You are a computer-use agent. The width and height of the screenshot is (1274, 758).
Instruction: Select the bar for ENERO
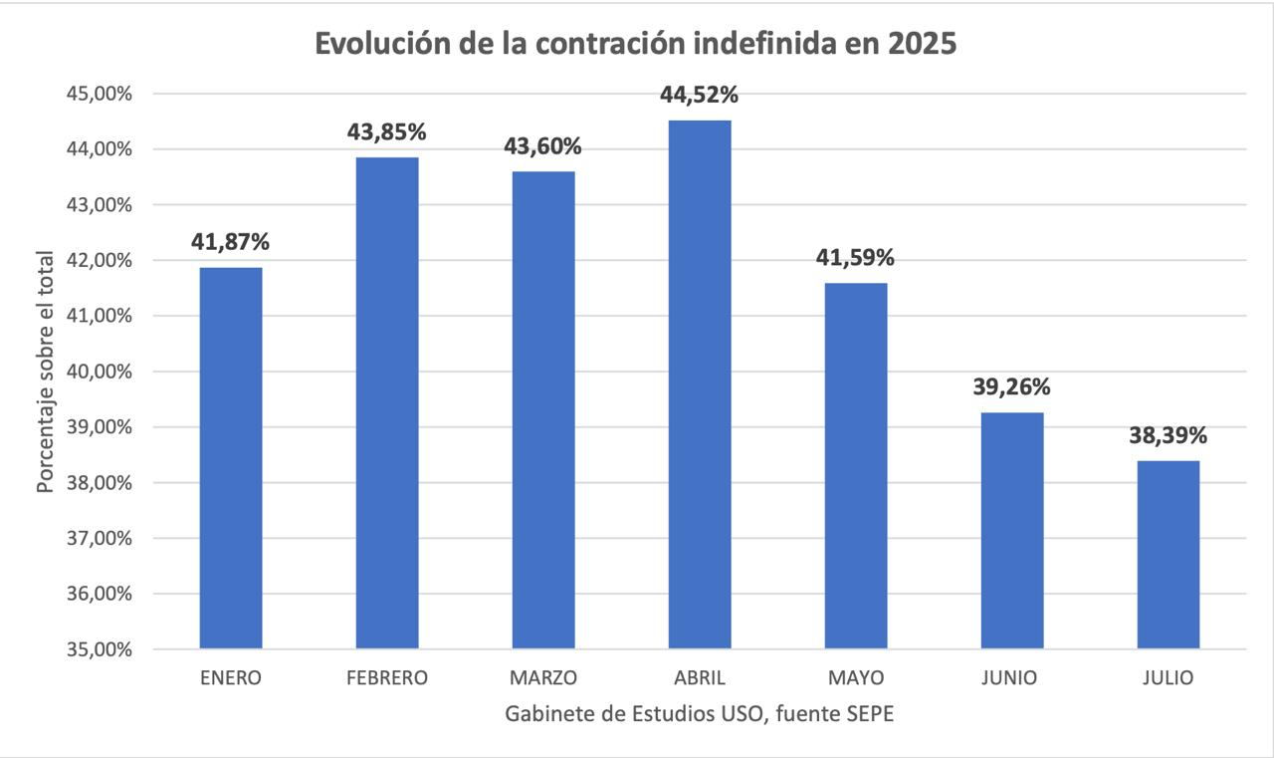tap(231, 458)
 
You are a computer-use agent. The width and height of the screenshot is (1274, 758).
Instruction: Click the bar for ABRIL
tap(700, 384)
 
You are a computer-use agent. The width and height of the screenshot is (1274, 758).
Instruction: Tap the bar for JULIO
tap(1168, 555)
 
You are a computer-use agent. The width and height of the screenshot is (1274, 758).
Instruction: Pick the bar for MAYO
tap(856, 466)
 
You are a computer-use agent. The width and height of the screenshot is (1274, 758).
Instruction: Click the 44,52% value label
tap(700, 96)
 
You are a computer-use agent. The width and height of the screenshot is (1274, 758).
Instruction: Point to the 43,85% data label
tap(387, 132)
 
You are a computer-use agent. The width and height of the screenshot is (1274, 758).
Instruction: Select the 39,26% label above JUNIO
tap(1012, 387)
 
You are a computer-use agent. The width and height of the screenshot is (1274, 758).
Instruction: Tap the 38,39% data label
tap(1168, 436)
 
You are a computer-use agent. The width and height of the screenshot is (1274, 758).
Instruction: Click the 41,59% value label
tap(856, 258)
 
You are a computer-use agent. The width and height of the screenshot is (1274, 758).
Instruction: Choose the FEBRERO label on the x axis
tap(387, 678)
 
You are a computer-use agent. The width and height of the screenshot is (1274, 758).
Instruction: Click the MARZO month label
tap(543, 678)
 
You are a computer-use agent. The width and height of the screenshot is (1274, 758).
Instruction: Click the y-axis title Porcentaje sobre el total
tap(45, 372)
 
